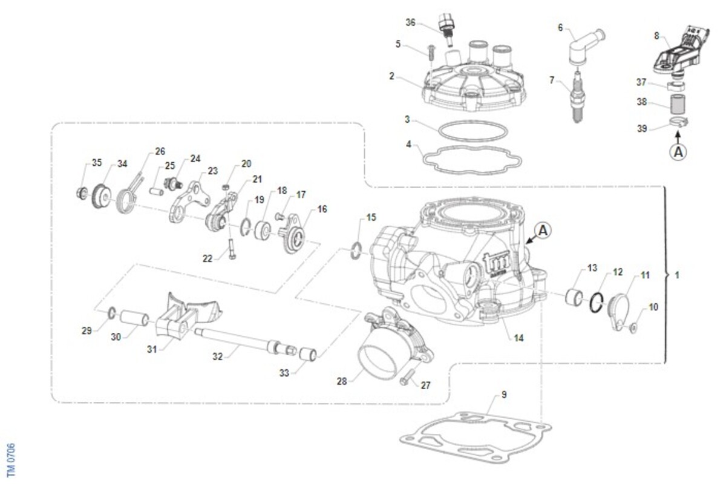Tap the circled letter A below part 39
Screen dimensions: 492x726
click(x=678, y=153)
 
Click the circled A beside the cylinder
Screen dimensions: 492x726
click(x=543, y=229)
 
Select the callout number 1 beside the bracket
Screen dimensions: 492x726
click(x=676, y=275)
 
